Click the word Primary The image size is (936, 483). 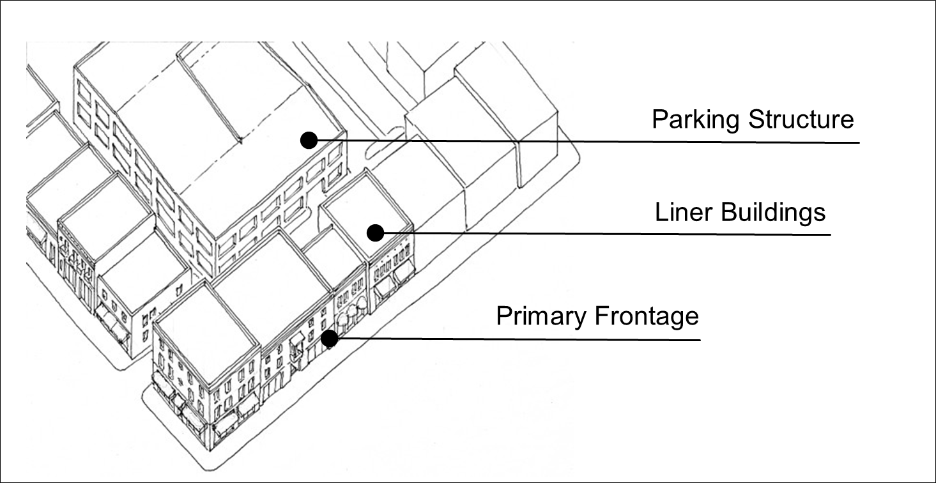click(x=542, y=317)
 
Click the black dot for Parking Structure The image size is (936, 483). click(x=309, y=141)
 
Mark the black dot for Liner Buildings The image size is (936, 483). click(x=376, y=233)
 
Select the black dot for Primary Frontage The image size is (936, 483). click(x=329, y=339)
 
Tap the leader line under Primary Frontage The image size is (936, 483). click(x=519, y=339)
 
